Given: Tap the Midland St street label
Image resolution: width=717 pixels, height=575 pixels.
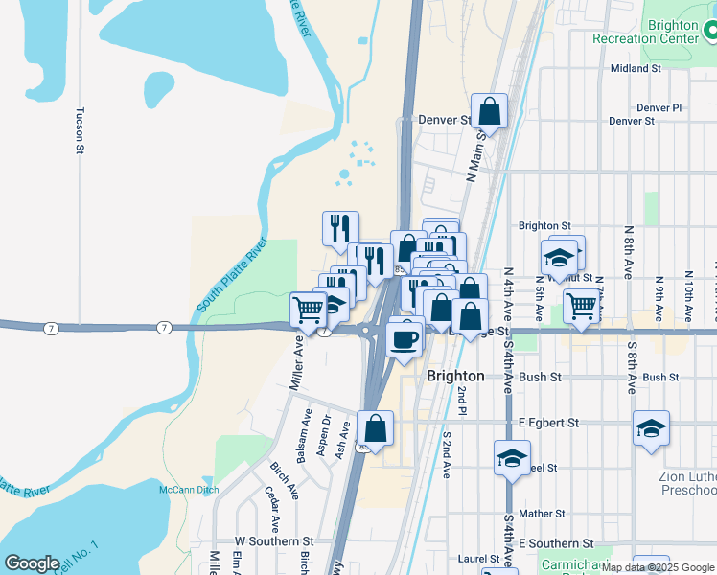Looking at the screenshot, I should pyautogui.click(x=636, y=69).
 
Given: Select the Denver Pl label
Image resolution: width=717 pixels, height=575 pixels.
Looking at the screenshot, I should pyautogui.click(x=659, y=108).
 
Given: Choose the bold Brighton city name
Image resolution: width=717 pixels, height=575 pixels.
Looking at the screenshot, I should pyautogui.click(x=455, y=377).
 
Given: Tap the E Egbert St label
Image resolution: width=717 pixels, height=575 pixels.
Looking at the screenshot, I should pyautogui.click(x=549, y=423).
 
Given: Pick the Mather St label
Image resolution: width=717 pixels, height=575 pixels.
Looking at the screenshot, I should pyautogui.click(x=540, y=514).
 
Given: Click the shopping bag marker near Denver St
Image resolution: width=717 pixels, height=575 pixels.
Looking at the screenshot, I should pyautogui.click(x=489, y=111).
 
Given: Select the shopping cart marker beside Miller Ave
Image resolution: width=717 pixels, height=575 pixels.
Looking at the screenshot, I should pyautogui.click(x=308, y=310).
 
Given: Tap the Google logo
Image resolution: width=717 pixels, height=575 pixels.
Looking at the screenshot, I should pyautogui.click(x=32, y=563).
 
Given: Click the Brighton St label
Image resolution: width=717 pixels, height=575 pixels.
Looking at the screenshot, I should pyautogui.click(x=544, y=226).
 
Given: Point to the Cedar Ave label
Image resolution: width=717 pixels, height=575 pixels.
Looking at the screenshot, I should pyautogui.click(x=273, y=509).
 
